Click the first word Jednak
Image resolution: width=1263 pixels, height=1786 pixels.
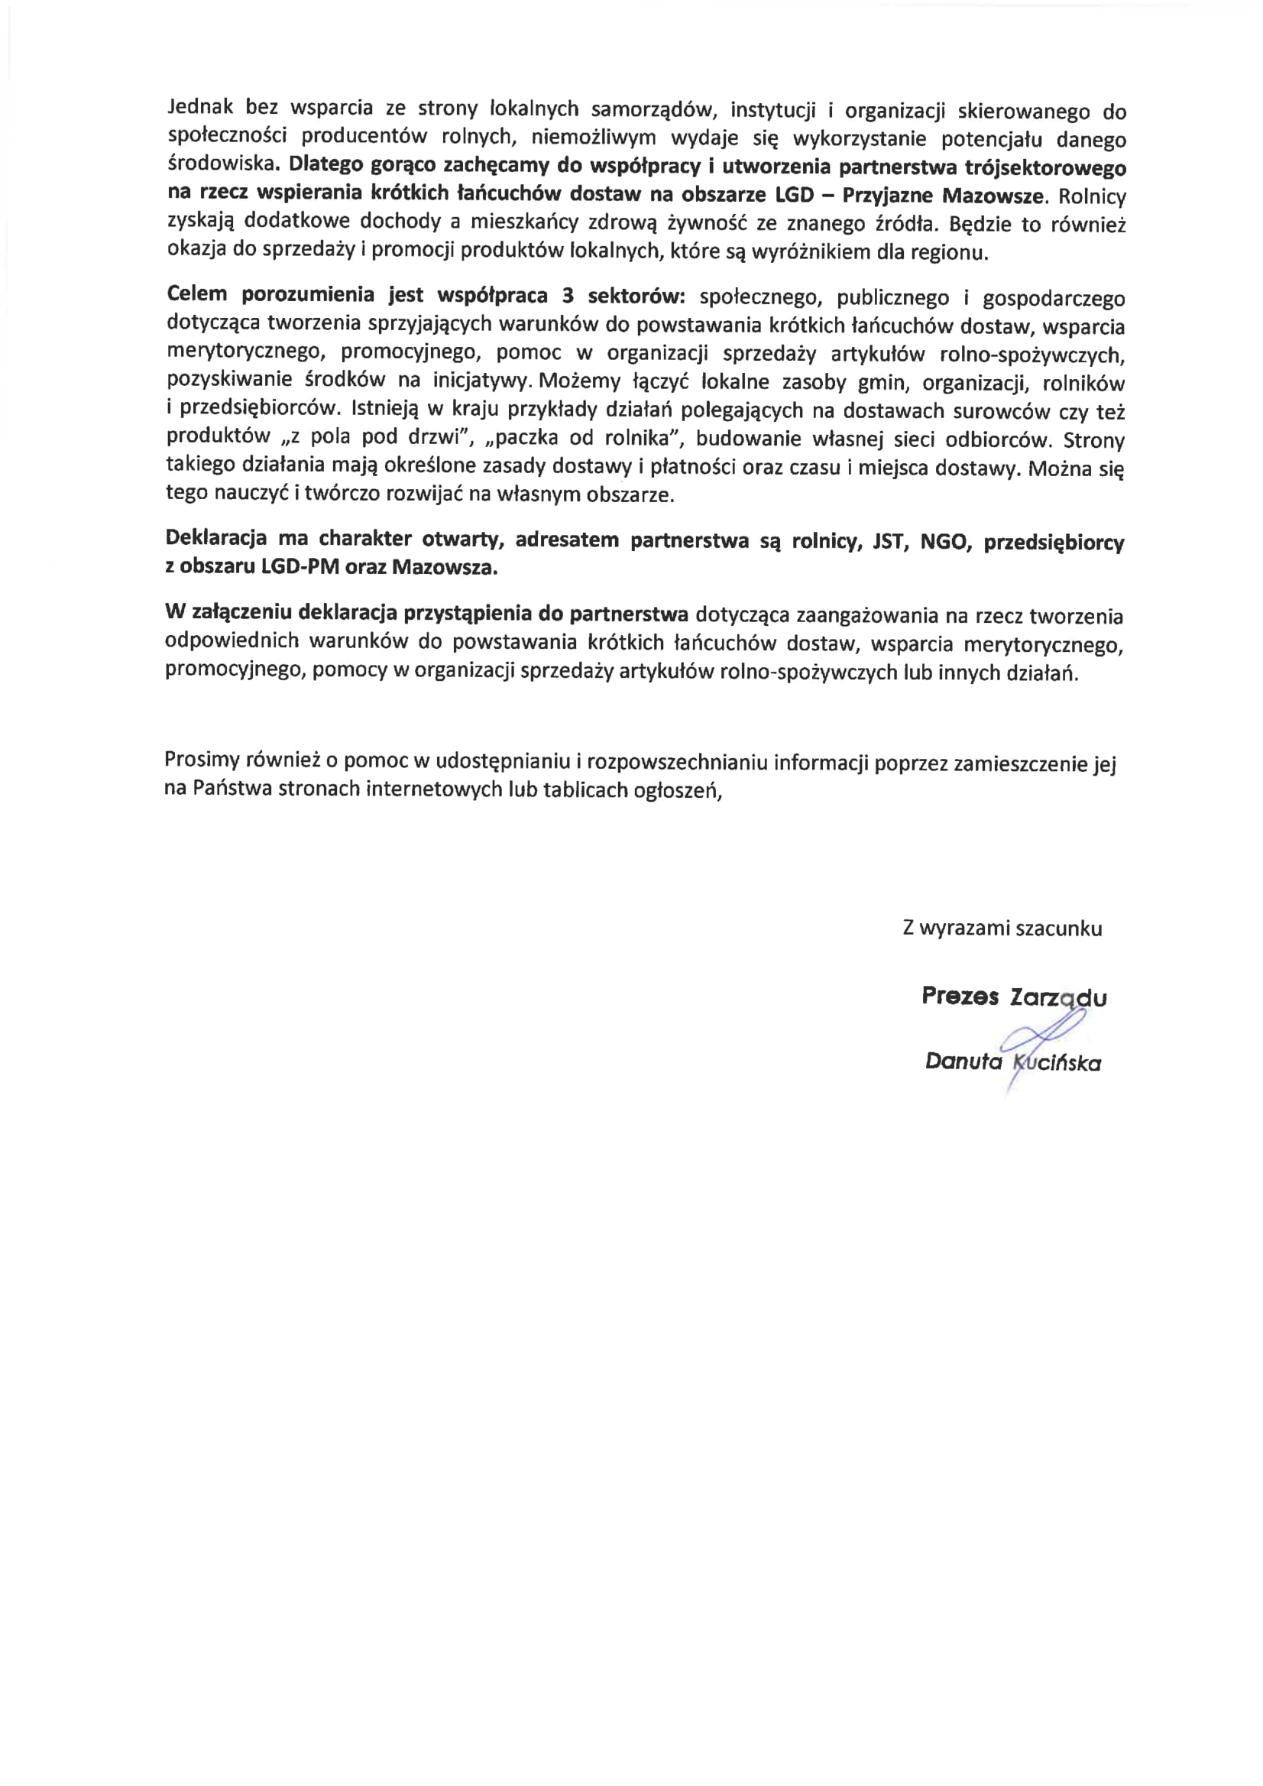tap(199, 107)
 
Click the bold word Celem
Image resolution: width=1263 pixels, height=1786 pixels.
tap(197, 294)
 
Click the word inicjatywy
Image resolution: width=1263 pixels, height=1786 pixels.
tap(481, 381)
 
